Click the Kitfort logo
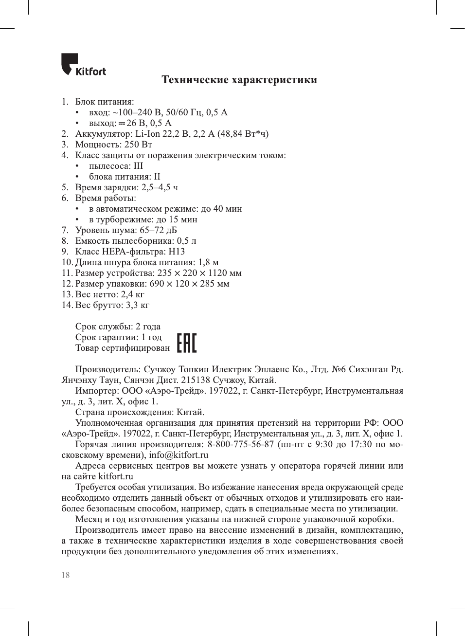tap(83, 65)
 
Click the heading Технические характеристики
tap(239, 80)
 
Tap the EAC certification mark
tap(186, 343)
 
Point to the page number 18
tap(66, 575)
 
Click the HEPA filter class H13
tap(177, 252)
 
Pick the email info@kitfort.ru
tap(179, 455)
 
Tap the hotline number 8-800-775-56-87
tap(240, 444)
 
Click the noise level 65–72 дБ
tap(158, 230)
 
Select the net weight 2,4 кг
tap(132, 294)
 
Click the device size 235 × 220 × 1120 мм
tap(199, 273)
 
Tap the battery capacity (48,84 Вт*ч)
tap(243, 134)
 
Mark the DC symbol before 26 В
tap(122, 123)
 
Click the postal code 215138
tap(195, 380)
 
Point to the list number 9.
tap(65, 252)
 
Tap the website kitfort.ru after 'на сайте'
tap(116, 476)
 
